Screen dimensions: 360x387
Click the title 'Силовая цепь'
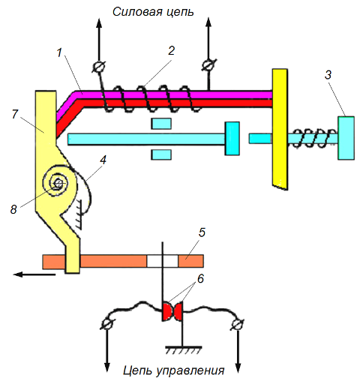coord(153,12)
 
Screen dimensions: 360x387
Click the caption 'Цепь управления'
coord(173,370)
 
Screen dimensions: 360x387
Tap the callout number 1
coord(59,53)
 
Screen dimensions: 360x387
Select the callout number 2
coord(171,51)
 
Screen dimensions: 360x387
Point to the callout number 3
coord(328,75)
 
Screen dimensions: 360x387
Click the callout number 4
coord(103,160)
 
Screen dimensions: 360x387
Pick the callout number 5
coord(202,232)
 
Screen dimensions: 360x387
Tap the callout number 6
coord(200,278)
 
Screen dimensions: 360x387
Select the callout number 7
coord(15,114)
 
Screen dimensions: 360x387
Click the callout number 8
coord(13,209)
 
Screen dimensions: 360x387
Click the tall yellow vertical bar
coord(280,129)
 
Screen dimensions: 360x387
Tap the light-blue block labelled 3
coord(346,138)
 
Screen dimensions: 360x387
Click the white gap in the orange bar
coord(163,261)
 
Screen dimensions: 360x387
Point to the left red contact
coord(168,311)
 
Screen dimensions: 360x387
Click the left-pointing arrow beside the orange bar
coord(34,274)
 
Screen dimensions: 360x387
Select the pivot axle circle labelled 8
coord(58,184)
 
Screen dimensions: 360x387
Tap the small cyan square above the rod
coord(161,124)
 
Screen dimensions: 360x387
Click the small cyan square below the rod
coord(161,154)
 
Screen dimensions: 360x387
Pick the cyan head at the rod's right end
coord(232,139)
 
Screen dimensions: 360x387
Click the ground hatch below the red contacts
coord(184,350)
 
